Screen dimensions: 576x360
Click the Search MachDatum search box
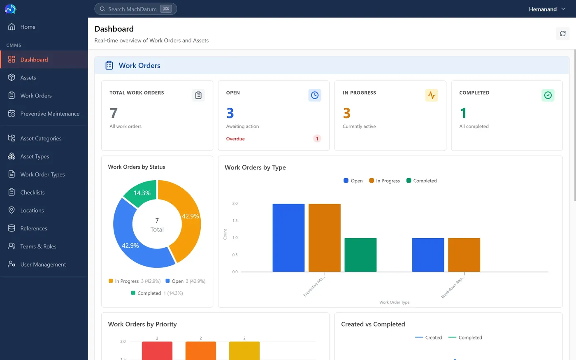(135, 9)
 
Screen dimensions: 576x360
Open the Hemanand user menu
(547, 9)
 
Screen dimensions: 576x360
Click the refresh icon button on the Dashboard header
(563, 34)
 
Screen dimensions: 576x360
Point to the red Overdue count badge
(317, 139)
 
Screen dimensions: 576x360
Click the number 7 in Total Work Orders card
(114, 113)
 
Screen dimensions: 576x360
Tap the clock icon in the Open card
(314, 95)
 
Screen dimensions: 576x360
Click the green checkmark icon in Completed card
(548, 95)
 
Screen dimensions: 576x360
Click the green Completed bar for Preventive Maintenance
(360, 255)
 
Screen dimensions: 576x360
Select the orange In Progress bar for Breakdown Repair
(464, 255)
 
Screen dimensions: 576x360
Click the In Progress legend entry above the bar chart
(384, 181)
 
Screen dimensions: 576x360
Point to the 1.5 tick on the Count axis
(235, 221)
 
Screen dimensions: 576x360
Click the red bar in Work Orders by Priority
(157, 351)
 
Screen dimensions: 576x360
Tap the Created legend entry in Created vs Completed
(428, 337)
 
